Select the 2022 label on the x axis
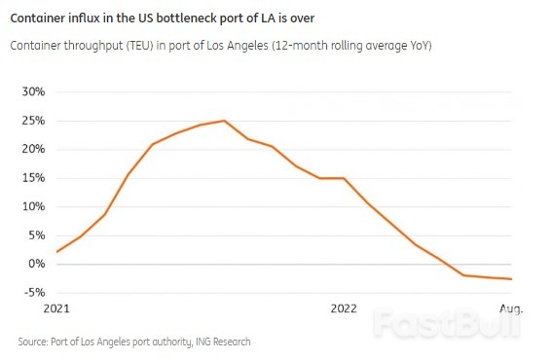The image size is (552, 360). (x=344, y=308)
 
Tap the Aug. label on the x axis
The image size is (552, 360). (x=511, y=308)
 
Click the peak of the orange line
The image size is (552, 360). (x=225, y=121)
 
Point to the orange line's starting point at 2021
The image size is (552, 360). (x=57, y=252)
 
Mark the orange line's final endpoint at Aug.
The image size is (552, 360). (x=511, y=279)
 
